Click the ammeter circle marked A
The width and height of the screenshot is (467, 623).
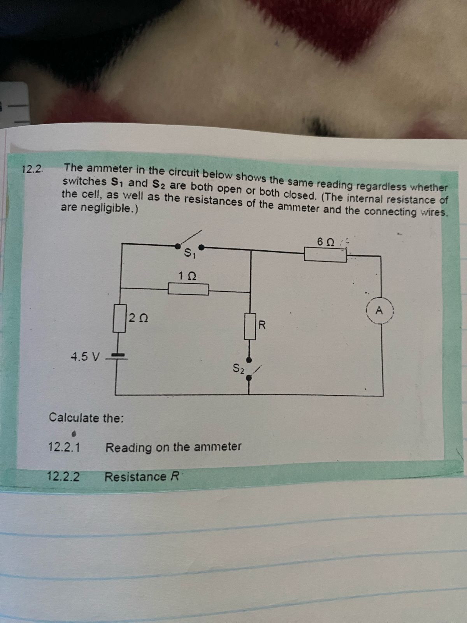[x=380, y=311]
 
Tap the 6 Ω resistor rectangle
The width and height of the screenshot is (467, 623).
[x=325, y=255]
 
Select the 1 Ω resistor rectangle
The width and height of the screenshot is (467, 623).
[x=188, y=289]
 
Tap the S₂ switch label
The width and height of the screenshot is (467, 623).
[x=238, y=368]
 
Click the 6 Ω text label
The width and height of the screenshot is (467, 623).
[x=325, y=241]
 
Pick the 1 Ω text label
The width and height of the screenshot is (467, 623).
[x=187, y=275]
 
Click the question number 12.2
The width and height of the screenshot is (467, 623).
[x=33, y=169]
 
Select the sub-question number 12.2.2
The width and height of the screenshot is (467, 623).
[x=63, y=476]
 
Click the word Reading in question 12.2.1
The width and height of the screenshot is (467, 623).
[x=129, y=447]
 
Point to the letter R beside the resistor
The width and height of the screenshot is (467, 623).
[x=262, y=325]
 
